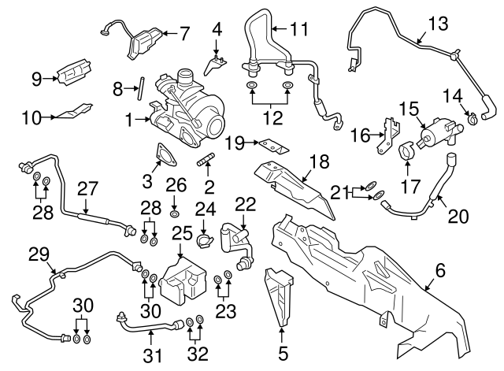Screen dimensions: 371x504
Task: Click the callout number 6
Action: tap(439, 270)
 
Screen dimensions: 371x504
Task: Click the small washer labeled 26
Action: tap(174, 213)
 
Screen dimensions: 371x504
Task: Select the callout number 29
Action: tap(39, 254)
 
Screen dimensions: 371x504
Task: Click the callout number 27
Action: tap(87, 189)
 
